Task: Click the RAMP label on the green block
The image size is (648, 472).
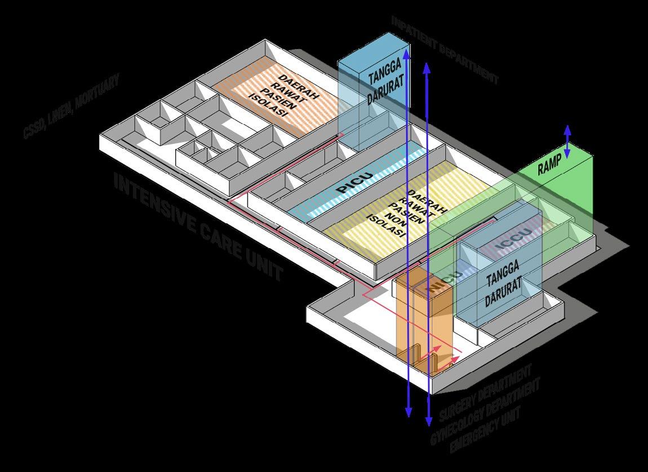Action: (x=549, y=166)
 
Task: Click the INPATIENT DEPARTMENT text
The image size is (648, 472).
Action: (x=445, y=50)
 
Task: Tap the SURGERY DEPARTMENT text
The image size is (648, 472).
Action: (x=485, y=393)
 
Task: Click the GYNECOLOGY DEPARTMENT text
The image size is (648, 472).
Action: (x=485, y=411)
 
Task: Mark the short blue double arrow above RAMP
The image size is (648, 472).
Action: (x=567, y=141)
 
